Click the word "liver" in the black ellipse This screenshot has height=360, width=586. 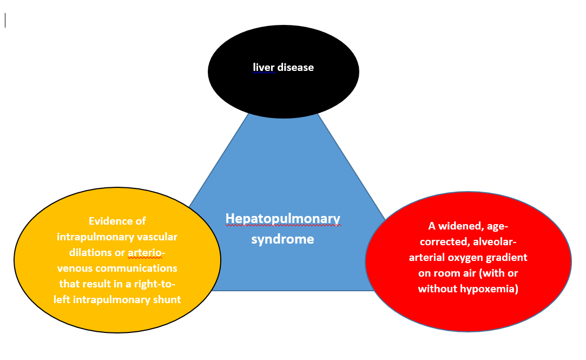coord(264,68)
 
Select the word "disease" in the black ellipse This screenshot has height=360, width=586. coord(295,68)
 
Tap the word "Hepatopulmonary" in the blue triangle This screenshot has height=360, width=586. coord(283,218)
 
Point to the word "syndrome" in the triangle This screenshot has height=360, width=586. coord(282,239)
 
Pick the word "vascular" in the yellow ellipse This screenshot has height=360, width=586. coord(157,237)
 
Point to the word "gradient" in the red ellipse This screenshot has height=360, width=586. coord(508,257)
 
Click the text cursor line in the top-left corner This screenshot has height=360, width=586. coord(5,21)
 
